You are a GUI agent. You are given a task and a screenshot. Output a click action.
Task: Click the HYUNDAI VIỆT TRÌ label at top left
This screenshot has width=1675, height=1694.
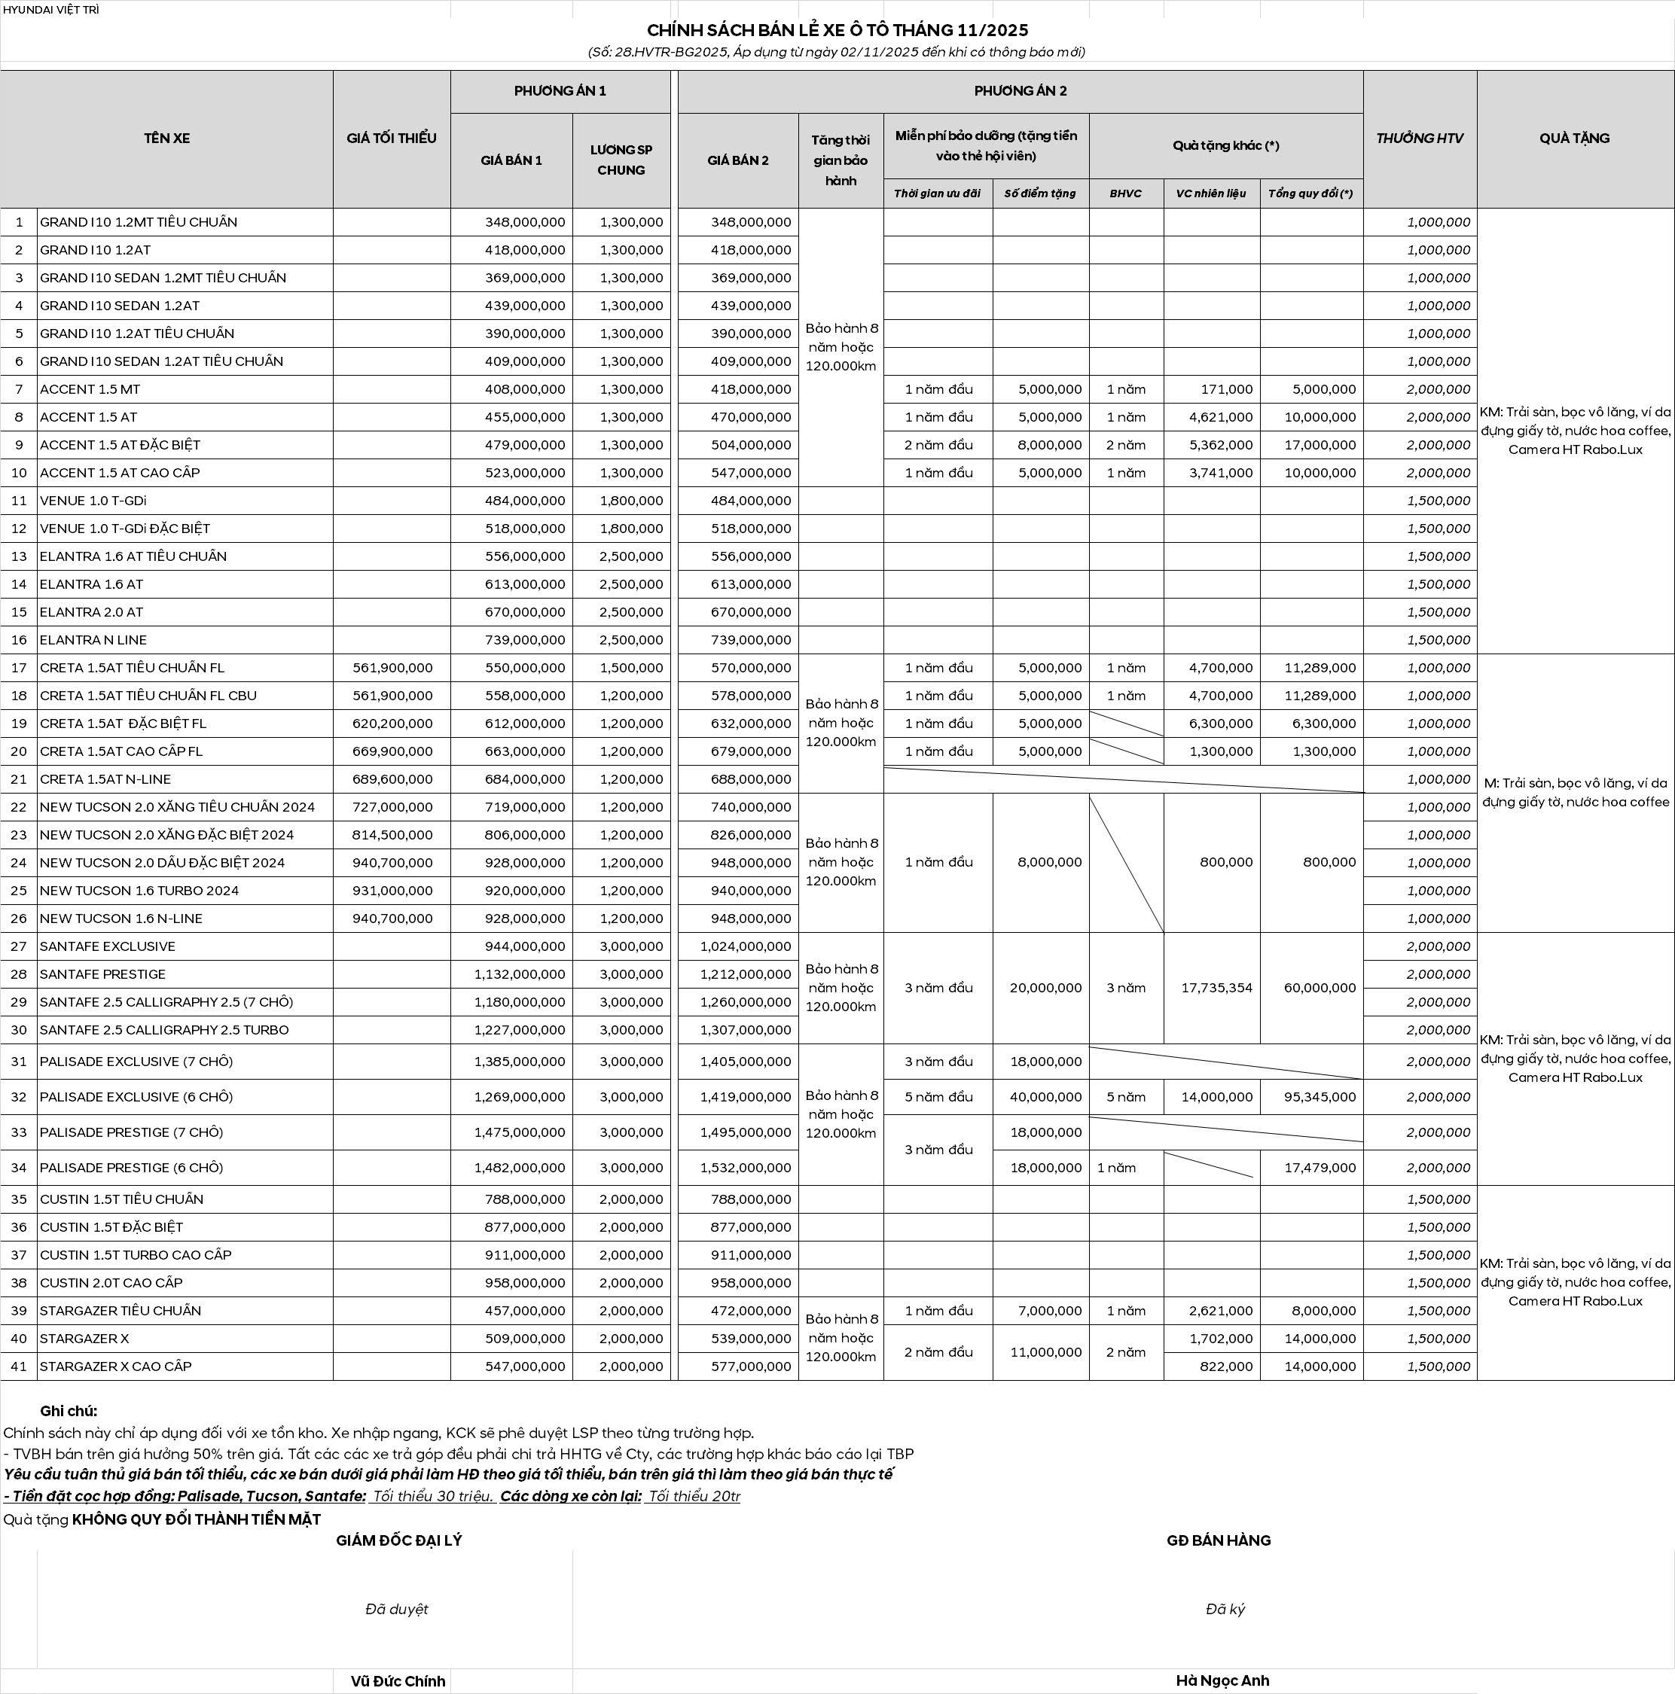point(51,10)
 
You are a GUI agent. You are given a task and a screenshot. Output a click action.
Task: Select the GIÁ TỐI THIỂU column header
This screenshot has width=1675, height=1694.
point(391,138)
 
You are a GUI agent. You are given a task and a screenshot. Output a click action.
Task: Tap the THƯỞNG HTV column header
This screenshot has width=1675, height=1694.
point(1419,138)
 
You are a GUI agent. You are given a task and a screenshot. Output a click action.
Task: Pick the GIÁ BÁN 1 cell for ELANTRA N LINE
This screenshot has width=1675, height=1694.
point(525,640)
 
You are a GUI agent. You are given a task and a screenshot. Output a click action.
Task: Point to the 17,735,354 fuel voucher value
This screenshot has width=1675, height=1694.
point(1216,987)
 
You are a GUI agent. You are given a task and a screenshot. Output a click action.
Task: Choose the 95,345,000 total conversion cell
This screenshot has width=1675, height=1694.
point(1320,1097)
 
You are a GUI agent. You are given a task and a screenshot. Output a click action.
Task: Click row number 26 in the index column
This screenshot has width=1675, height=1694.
point(18,918)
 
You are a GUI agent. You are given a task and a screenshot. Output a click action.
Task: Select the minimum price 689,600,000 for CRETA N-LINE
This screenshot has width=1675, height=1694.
point(392,778)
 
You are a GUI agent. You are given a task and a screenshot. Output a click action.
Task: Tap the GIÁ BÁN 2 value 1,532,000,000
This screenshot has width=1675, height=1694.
point(746,1167)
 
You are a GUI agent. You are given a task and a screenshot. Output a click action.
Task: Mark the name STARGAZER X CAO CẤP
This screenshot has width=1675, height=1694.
point(116,1366)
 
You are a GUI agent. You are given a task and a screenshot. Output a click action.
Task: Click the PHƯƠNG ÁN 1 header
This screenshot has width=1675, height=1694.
point(560,90)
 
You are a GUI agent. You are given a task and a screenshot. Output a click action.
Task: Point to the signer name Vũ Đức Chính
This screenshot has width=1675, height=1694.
point(398,1681)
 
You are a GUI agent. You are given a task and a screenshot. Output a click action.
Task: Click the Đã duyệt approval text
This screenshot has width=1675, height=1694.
point(396,1609)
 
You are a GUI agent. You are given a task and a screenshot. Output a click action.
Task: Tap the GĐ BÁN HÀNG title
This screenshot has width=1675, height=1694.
point(1218,1540)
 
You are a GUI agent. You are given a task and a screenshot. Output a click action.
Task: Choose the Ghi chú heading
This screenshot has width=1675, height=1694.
point(69,1411)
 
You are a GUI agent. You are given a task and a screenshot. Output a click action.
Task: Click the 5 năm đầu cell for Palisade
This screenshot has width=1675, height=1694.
point(938,1097)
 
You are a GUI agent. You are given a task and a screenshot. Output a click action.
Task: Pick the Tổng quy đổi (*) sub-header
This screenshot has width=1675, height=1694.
point(1310,193)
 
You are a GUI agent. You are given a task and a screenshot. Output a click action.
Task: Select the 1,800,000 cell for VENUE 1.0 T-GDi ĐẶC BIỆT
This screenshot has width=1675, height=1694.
point(631,529)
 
